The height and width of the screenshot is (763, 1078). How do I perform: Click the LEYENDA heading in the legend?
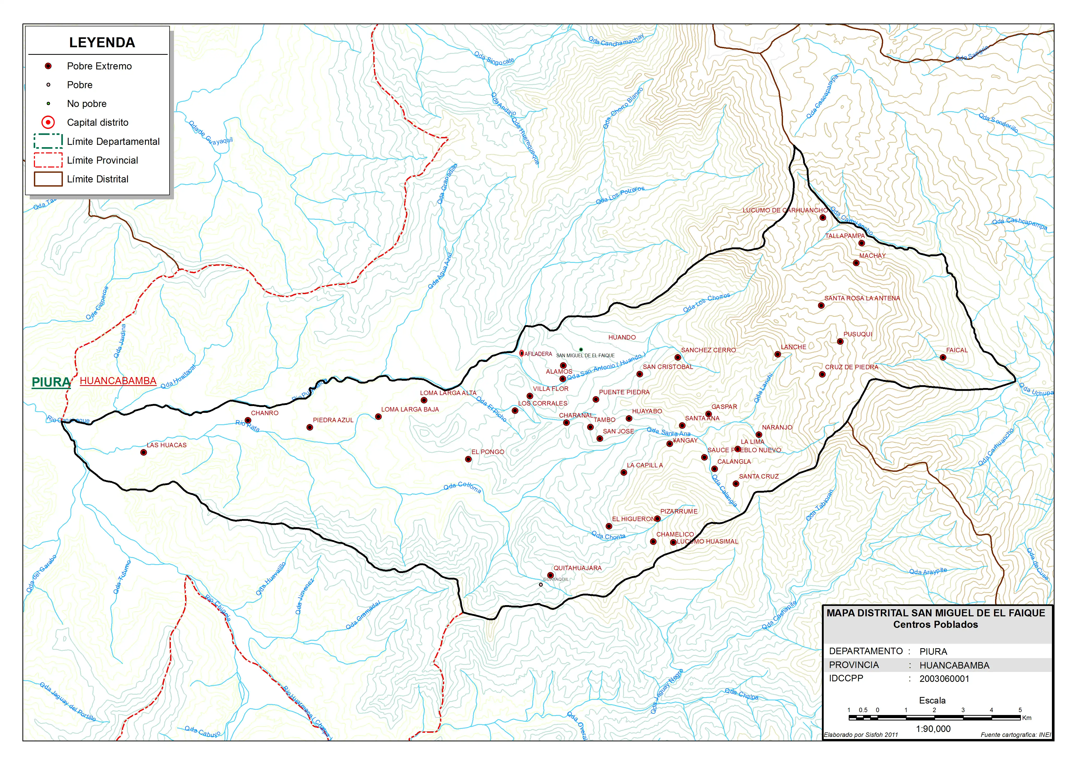[102, 43]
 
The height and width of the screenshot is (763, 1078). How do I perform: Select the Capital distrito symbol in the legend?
[48, 122]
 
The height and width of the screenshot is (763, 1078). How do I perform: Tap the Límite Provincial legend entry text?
[102, 160]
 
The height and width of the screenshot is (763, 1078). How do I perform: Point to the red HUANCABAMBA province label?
[118, 380]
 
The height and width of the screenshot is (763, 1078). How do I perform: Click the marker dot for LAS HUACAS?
[144, 452]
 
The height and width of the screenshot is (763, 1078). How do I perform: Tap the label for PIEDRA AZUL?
[333, 420]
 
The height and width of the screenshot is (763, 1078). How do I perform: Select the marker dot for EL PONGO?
[468, 459]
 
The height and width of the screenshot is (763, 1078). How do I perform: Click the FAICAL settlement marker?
[943, 357]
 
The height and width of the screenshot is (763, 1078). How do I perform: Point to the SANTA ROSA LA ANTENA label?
[862, 298]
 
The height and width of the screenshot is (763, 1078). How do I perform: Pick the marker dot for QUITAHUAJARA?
[550, 575]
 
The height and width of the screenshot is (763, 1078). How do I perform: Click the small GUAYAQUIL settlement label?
[556, 579]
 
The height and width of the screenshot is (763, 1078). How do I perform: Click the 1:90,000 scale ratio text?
[933, 729]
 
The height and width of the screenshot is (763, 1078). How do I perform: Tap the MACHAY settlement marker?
[856, 263]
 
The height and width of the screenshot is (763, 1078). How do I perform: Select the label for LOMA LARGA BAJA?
[410, 409]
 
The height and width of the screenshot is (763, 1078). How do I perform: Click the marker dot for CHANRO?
[248, 420]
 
